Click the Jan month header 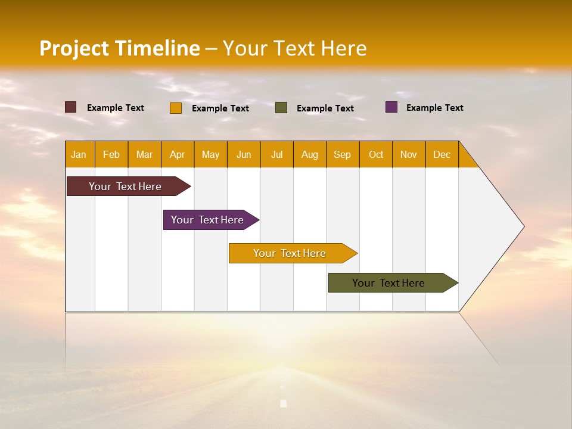pyautogui.click(x=79, y=154)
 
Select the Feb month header pyautogui.click(x=111, y=154)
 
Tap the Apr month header pyautogui.click(x=178, y=154)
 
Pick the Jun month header pyautogui.click(x=244, y=154)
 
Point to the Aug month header pyautogui.click(x=310, y=154)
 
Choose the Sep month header pyautogui.click(x=343, y=154)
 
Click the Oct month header pyautogui.click(x=376, y=154)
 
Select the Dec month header pyautogui.click(x=442, y=154)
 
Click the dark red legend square pyautogui.click(x=71, y=107)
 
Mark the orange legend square pyautogui.click(x=176, y=108)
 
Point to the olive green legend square pyautogui.click(x=281, y=108)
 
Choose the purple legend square pyautogui.click(x=391, y=107)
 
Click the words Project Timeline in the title pyautogui.click(x=120, y=48)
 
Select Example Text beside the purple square pyautogui.click(x=434, y=108)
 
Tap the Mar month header pyautogui.click(x=145, y=154)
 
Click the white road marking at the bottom pyautogui.click(x=284, y=403)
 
